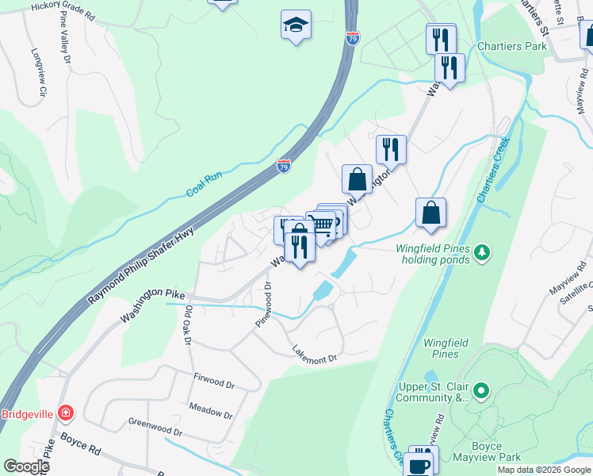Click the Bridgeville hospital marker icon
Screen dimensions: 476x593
coord(66,413)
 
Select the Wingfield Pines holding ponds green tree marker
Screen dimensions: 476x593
coord(481,253)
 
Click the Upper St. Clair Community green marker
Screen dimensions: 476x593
coord(480,391)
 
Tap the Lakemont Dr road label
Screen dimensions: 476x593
coord(315,355)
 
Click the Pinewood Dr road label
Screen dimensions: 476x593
coord(263,305)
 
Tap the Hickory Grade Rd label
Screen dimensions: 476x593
coord(63,10)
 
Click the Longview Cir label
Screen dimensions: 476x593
coord(38,74)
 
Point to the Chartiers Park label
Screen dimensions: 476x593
coord(512,46)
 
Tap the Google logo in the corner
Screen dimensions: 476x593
coord(26,466)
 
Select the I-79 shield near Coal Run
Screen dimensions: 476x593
coord(284,166)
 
